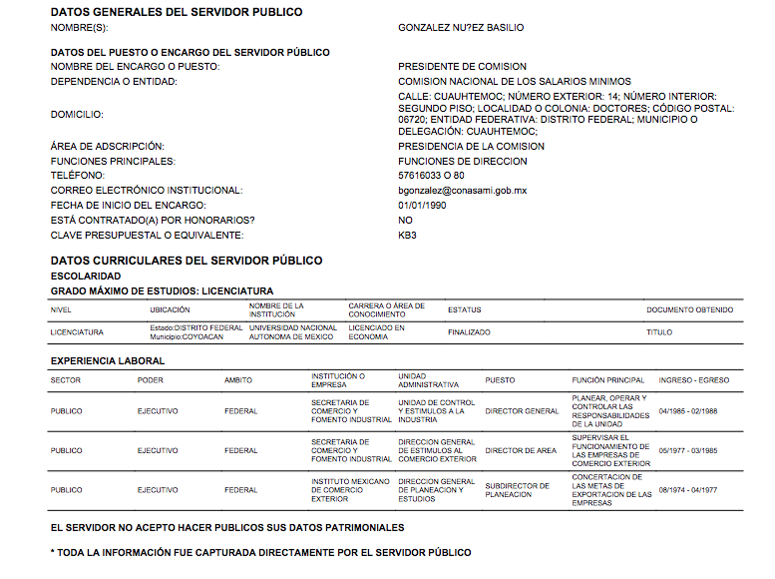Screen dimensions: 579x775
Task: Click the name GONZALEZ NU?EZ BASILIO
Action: pos(460,28)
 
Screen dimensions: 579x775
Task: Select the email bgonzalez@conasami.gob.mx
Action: pos(462,190)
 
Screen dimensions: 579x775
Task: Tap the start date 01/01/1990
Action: pos(422,205)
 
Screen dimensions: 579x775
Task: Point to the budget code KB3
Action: pos(407,235)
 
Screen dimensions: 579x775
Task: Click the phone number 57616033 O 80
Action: pos(431,176)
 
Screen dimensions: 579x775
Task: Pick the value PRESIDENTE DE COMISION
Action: pos(462,67)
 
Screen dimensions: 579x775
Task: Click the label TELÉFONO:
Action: pos(77,176)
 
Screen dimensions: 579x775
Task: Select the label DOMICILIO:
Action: pos(77,115)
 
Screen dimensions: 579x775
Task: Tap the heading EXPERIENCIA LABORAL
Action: pos(108,360)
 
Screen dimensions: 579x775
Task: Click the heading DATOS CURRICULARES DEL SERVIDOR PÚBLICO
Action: pos(187,261)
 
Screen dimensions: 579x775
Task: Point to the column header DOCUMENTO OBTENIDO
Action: pos(689,310)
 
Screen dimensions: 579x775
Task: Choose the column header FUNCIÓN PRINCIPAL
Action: pos(608,380)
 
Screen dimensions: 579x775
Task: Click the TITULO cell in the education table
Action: pos(659,332)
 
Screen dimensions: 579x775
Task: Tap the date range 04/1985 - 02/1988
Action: pos(688,411)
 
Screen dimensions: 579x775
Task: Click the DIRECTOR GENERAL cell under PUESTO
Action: pos(522,411)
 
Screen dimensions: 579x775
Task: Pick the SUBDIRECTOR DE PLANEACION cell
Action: pos(517,490)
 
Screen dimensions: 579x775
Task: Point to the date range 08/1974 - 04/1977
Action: pos(688,490)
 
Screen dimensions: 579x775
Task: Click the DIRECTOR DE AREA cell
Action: pos(521,451)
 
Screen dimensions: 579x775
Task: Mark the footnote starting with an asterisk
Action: pos(260,552)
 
